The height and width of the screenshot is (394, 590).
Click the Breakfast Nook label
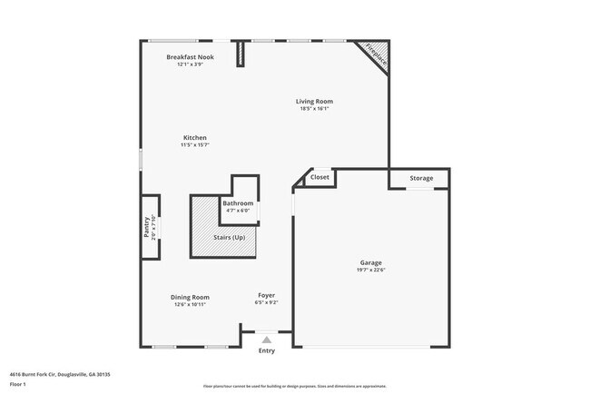pos(190,56)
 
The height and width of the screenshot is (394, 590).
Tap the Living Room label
pos(314,102)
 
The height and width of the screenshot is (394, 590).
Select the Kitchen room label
pos(194,137)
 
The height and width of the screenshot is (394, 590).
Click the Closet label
pos(320,178)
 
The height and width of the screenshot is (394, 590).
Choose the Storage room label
pos(420,178)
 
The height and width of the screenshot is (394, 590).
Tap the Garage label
pos(370,262)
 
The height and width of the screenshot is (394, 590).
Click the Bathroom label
pos(238,203)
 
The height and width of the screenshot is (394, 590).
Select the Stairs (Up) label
pos(229,237)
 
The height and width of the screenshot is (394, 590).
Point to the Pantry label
pos(146,226)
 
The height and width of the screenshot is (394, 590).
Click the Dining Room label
pos(190,297)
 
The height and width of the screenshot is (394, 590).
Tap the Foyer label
pos(266,295)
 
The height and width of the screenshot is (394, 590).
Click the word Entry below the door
pos(266,350)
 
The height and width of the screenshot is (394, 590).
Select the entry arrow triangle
pos(266,340)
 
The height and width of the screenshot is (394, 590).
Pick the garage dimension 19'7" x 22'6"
pos(370,270)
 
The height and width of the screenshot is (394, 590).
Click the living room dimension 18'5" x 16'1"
pos(314,109)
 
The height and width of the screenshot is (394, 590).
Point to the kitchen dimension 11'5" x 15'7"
pos(194,144)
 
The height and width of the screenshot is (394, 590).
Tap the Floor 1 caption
pos(19,384)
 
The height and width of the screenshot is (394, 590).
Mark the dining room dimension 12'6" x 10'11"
pos(190,304)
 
